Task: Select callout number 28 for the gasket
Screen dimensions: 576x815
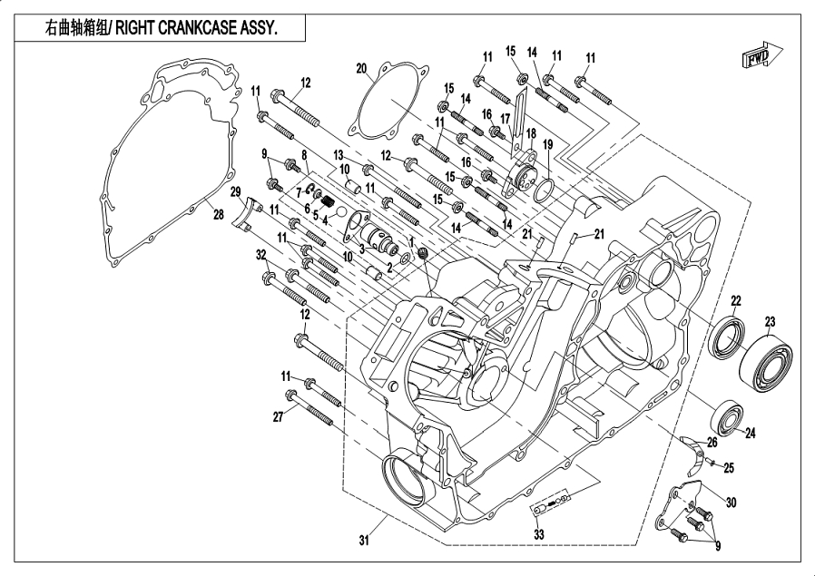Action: [x=218, y=214]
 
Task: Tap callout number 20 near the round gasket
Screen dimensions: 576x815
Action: [x=361, y=68]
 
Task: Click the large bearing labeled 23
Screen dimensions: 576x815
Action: [x=765, y=361]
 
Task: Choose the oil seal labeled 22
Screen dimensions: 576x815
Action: [x=728, y=337]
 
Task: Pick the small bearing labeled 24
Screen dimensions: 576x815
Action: [x=729, y=415]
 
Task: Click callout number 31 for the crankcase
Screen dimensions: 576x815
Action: [x=364, y=542]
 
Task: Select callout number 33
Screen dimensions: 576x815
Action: [x=538, y=535]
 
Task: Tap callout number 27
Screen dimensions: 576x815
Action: [x=280, y=416]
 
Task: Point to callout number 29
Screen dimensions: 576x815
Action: [x=234, y=193]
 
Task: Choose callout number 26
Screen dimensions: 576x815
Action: [x=712, y=443]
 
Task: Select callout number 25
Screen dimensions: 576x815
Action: [x=728, y=468]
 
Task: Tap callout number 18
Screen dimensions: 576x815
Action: [x=533, y=133]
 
